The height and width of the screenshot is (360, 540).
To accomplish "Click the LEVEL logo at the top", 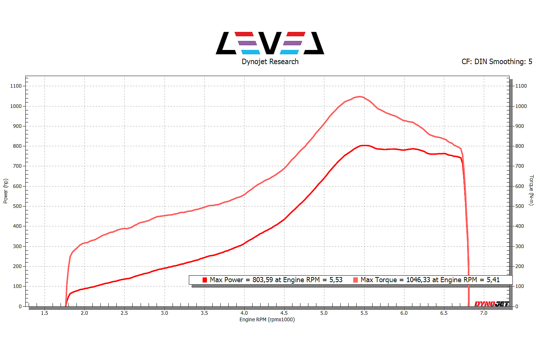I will (x=270, y=43).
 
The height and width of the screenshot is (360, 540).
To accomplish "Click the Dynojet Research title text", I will (x=270, y=62).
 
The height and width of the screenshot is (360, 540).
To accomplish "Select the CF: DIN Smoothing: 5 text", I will (x=497, y=62).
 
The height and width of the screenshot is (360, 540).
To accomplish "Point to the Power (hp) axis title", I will (x=5, y=191).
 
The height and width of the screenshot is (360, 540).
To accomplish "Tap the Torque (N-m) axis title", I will (x=531, y=190).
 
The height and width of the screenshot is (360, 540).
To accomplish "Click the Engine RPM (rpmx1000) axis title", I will (x=267, y=319).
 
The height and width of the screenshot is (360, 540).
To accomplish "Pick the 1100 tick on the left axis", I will (x=16, y=86).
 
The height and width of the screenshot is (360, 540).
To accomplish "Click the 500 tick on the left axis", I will (x=17, y=206).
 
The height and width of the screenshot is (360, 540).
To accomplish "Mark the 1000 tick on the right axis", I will (x=521, y=106).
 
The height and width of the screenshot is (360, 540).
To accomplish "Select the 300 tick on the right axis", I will (x=520, y=246).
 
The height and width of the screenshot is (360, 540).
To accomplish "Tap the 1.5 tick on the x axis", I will (x=45, y=313).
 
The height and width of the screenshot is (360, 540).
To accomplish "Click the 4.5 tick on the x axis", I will (x=284, y=313).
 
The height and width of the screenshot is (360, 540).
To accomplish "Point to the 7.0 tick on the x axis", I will (x=484, y=313).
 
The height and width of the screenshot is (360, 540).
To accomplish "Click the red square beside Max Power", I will (x=205, y=280).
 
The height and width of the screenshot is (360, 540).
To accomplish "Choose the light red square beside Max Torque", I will (x=356, y=280).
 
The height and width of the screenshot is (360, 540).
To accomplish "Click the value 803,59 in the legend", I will (x=263, y=280).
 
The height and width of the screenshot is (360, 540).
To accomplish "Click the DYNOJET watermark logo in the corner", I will (x=491, y=304).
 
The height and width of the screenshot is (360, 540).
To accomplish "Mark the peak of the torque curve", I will (x=359, y=97).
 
